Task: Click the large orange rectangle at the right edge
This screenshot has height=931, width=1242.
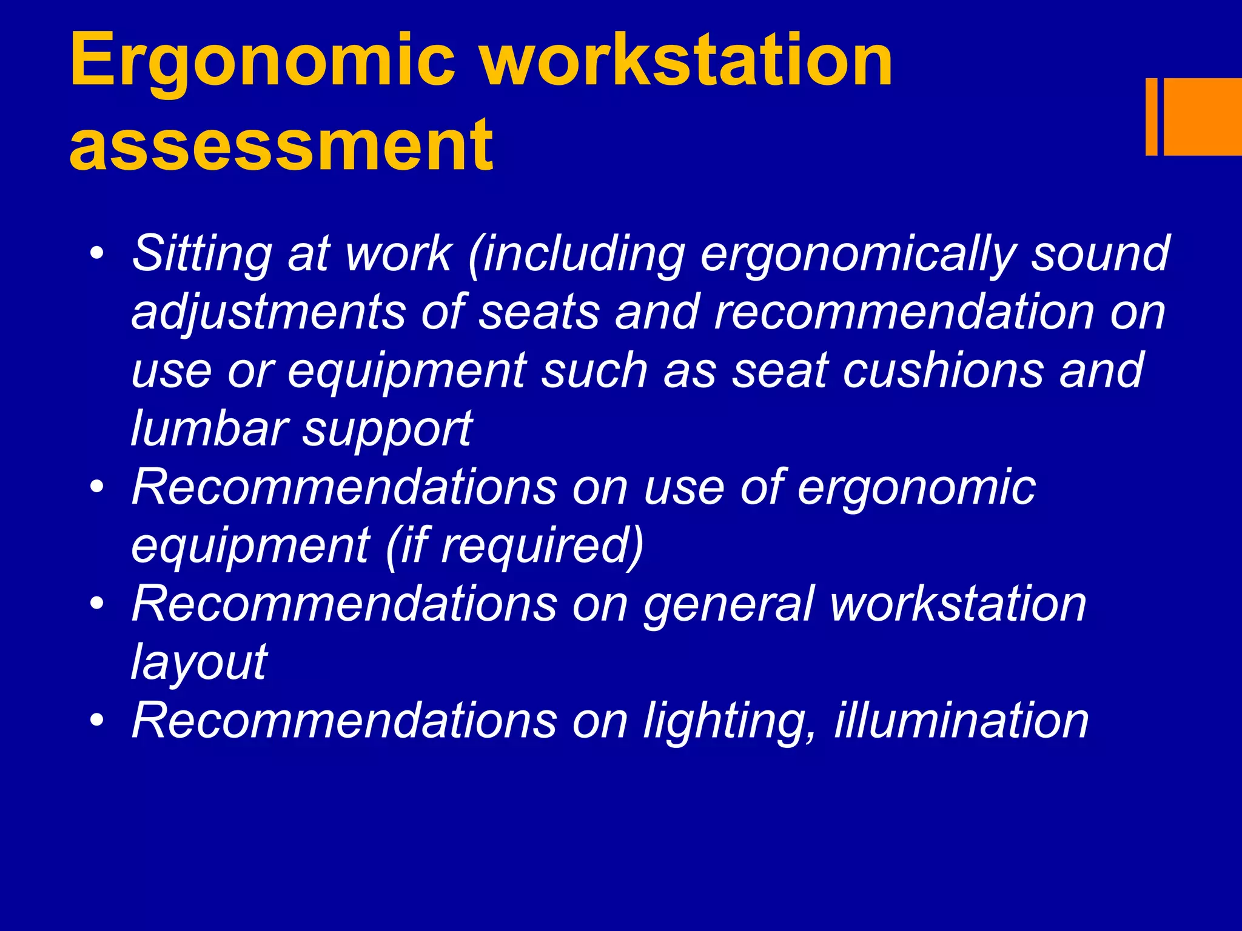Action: coord(1203,116)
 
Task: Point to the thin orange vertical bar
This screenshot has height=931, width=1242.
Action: coord(1151,116)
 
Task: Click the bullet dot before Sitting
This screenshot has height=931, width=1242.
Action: coord(96,253)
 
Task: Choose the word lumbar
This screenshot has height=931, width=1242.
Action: coord(209,428)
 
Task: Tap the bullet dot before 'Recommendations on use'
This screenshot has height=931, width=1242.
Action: coord(96,487)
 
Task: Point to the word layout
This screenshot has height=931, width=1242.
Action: coord(199,662)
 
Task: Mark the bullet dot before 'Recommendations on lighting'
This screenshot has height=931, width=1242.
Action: coord(96,720)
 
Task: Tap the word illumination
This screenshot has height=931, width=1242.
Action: coord(962,720)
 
